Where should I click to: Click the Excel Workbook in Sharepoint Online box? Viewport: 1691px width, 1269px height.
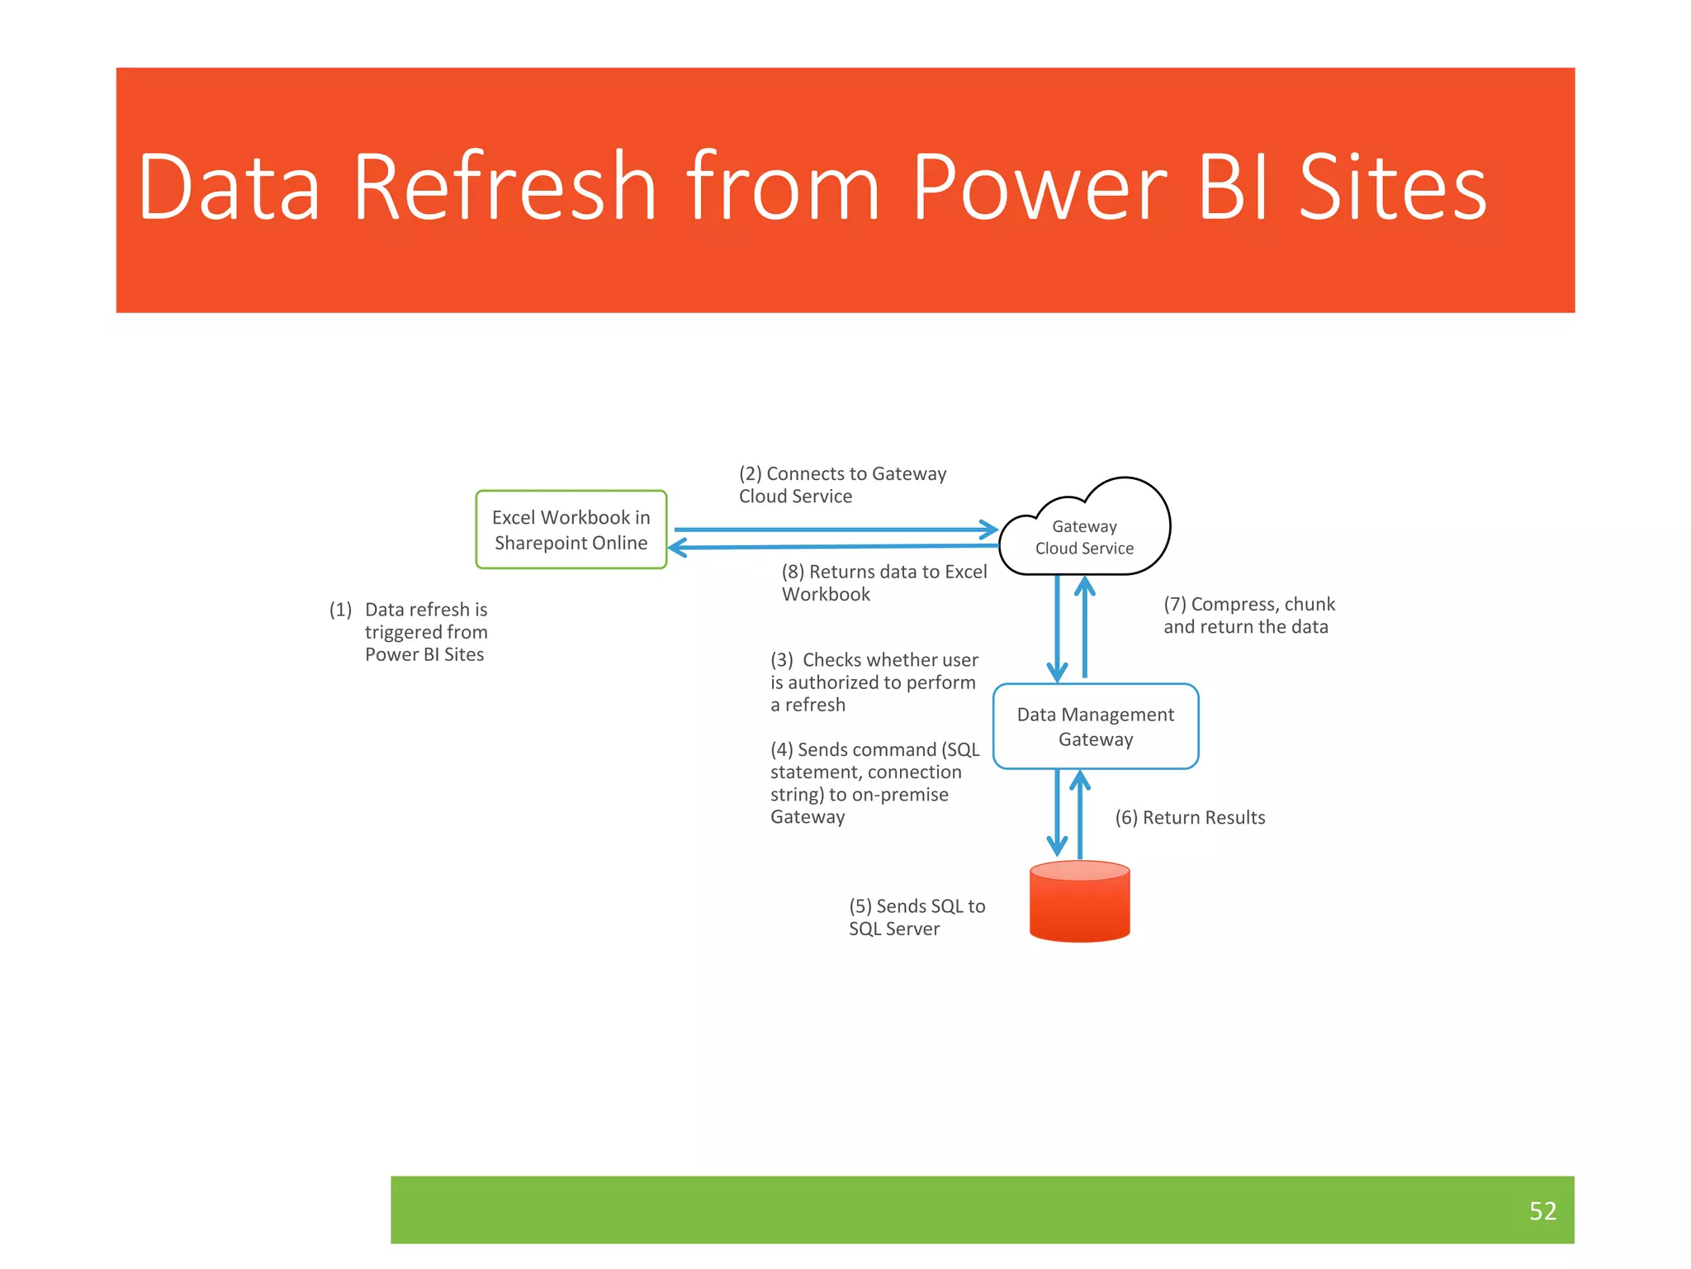click(x=571, y=530)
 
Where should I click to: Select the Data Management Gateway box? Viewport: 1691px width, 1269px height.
click(x=1095, y=726)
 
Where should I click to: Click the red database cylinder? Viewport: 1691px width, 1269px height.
click(x=1079, y=901)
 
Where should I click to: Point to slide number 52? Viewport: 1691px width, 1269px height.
click(x=1542, y=1210)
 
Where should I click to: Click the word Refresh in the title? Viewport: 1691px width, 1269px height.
click(x=504, y=188)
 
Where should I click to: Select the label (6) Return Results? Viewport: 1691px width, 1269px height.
click(x=1189, y=817)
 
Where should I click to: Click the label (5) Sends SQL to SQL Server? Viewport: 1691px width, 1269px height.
click(x=917, y=917)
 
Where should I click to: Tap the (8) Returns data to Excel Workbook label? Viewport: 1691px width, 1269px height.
click(x=883, y=582)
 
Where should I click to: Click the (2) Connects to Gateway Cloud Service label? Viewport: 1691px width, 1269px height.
click(x=841, y=484)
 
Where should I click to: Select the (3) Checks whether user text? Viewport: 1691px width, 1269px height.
click(x=874, y=682)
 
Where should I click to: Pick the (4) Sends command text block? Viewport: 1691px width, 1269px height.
click(x=874, y=782)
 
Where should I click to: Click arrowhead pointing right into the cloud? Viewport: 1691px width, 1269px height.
click(x=989, y=529)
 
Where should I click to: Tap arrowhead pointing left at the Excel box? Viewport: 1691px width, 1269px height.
click(x=678, y=548)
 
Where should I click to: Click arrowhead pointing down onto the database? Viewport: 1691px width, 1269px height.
click(x=1057, y=846)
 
